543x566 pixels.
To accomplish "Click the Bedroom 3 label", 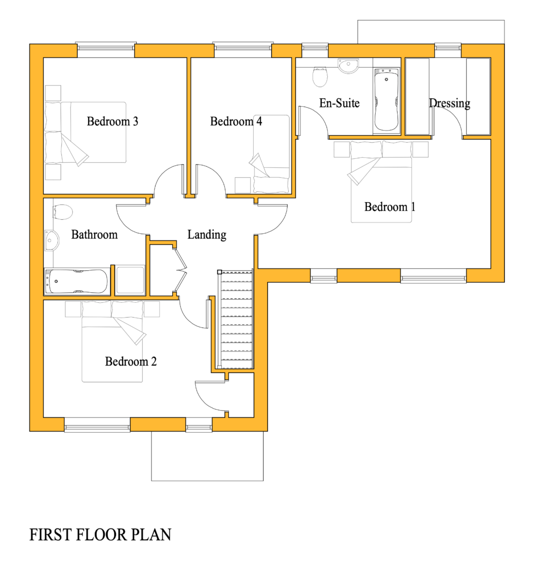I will (x=112, y=121).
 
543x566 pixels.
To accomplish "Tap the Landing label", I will (x=206, y=235).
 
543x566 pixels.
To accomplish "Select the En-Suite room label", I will (x=339, y=103).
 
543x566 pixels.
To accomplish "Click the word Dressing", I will (x=449, y=103).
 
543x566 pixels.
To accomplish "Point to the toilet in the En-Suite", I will (x=320, y=77).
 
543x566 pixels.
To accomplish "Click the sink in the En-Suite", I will (x=348, y=66).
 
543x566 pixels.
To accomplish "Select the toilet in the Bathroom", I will (x=62, y=212).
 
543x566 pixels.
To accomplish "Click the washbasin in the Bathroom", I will (x=52, y=240).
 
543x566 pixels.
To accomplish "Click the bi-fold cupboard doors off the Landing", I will (x=181, y=270).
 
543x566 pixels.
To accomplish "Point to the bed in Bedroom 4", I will (x=271, y=154).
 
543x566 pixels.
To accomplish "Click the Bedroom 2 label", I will (x=131, y=361).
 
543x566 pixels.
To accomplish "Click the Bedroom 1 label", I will (x=389, y=207).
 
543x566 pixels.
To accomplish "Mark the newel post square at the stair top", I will (x=219, y=272).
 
